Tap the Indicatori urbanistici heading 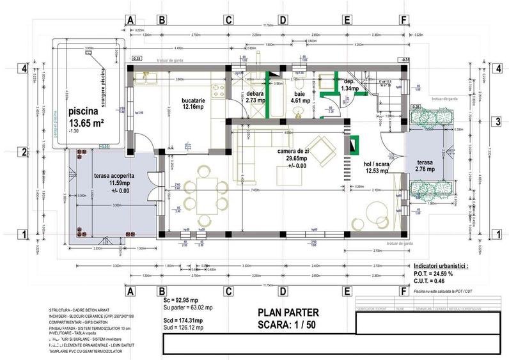[441, 264]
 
